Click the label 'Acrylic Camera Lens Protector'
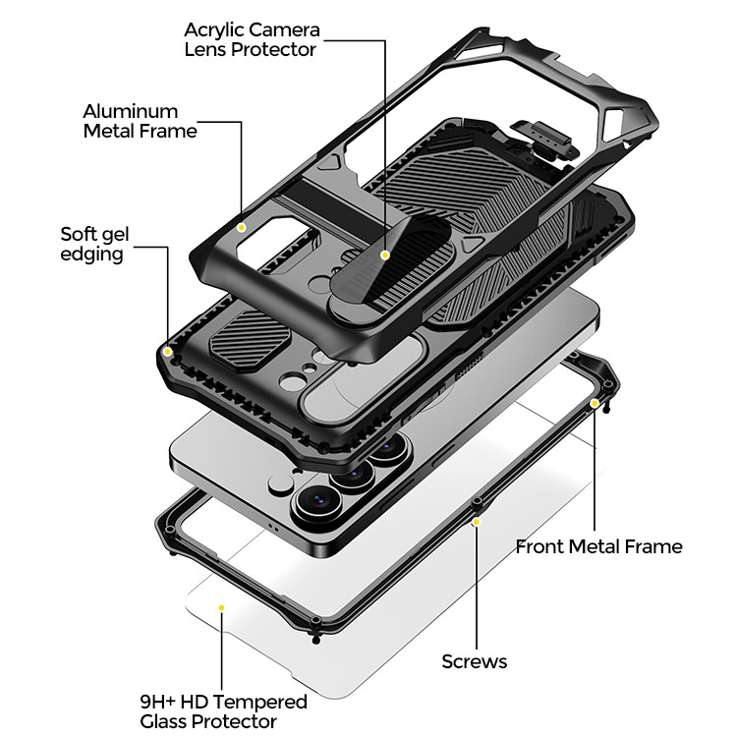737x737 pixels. click(252, 39)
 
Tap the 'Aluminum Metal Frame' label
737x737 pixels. click(140, 121)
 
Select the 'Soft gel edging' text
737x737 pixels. click(94, 245)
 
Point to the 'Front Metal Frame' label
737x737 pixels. click(598, 546)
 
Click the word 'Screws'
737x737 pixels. click(475, 661)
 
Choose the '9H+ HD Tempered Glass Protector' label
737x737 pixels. click(223, 711)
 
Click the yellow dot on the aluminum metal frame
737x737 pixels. click(242, 228)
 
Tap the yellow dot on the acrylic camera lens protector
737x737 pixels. click(385, 255)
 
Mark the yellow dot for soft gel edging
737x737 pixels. click(167, 352)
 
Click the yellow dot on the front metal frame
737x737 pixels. click(595, 403)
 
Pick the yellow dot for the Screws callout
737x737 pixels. click(477, 522)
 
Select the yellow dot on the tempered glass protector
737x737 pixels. click(221, 607)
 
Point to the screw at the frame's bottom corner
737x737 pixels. click(316, 640)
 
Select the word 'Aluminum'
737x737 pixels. click(130, 111)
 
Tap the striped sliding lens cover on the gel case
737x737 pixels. click(250, 336)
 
